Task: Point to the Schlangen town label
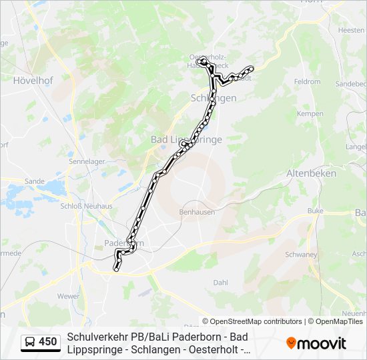[x=214, y=98]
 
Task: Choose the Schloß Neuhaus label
[x=87, y=206]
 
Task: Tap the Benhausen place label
[x=195, y=212]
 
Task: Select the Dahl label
[x=220, y=283]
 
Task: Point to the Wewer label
[x=68, y=295]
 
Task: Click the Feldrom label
[x=308, y=81]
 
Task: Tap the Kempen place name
[x=309, y=114]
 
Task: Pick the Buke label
[x=315, y=211]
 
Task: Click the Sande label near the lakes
[x=34, y=181]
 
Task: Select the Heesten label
[x=351, y=30]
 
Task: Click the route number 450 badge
[x=48, y=342]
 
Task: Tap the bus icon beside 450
[x=31, y=342]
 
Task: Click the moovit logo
[x=316, y=343]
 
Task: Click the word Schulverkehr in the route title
[x=97, y=337]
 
